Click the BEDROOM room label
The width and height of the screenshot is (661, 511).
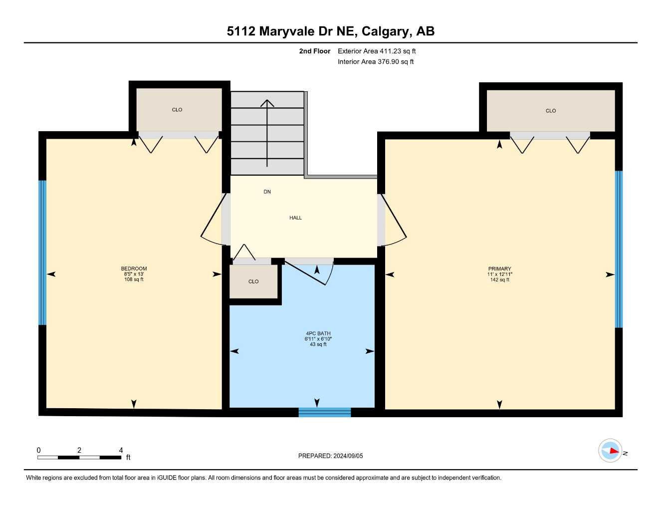(x=134, y=268)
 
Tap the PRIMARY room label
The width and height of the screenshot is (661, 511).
(x=499, y=268)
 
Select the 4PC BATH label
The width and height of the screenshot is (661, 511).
(x=318, y=333)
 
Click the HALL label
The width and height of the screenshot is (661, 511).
(x=295, y=218)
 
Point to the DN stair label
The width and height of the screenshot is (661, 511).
(x=267, y=192)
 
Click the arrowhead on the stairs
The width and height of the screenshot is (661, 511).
(x=267, y=103)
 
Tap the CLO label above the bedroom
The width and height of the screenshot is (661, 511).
(x=177, y=110)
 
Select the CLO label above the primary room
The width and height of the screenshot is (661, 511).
(x=550, y=111)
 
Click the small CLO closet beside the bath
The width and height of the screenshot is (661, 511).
(x=253, y=281)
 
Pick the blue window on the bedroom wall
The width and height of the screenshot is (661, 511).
(x=42, y=253)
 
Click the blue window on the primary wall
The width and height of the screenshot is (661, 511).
(x=619, y=249)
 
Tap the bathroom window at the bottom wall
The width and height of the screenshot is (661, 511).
(x=324, y=412)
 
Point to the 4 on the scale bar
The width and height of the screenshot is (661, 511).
(x=121, y=450)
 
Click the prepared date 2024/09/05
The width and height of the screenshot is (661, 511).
(x=348, y=456)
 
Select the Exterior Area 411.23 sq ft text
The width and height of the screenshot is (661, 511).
(x=377, y=51)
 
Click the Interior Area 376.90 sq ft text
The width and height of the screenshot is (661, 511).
(x=376, y=62)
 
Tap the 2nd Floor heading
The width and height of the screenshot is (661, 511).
(x=314, y=51)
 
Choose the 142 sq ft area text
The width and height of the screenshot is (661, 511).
(x=499, y=280)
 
